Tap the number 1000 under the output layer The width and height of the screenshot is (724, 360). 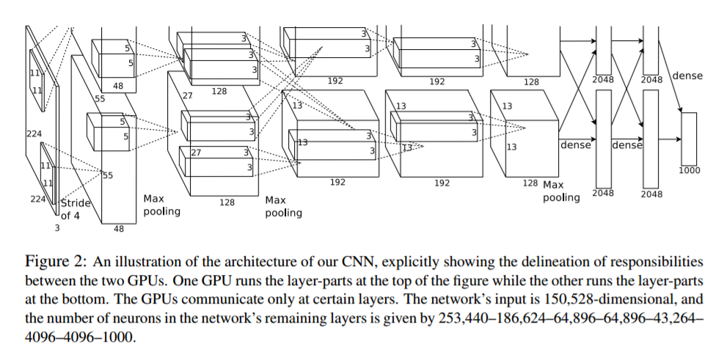(689, 170)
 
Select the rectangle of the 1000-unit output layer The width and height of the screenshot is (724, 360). (689, 139)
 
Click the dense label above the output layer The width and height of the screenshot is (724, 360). (687, 76)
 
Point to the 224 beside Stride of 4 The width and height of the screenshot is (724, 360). (39, 199)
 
